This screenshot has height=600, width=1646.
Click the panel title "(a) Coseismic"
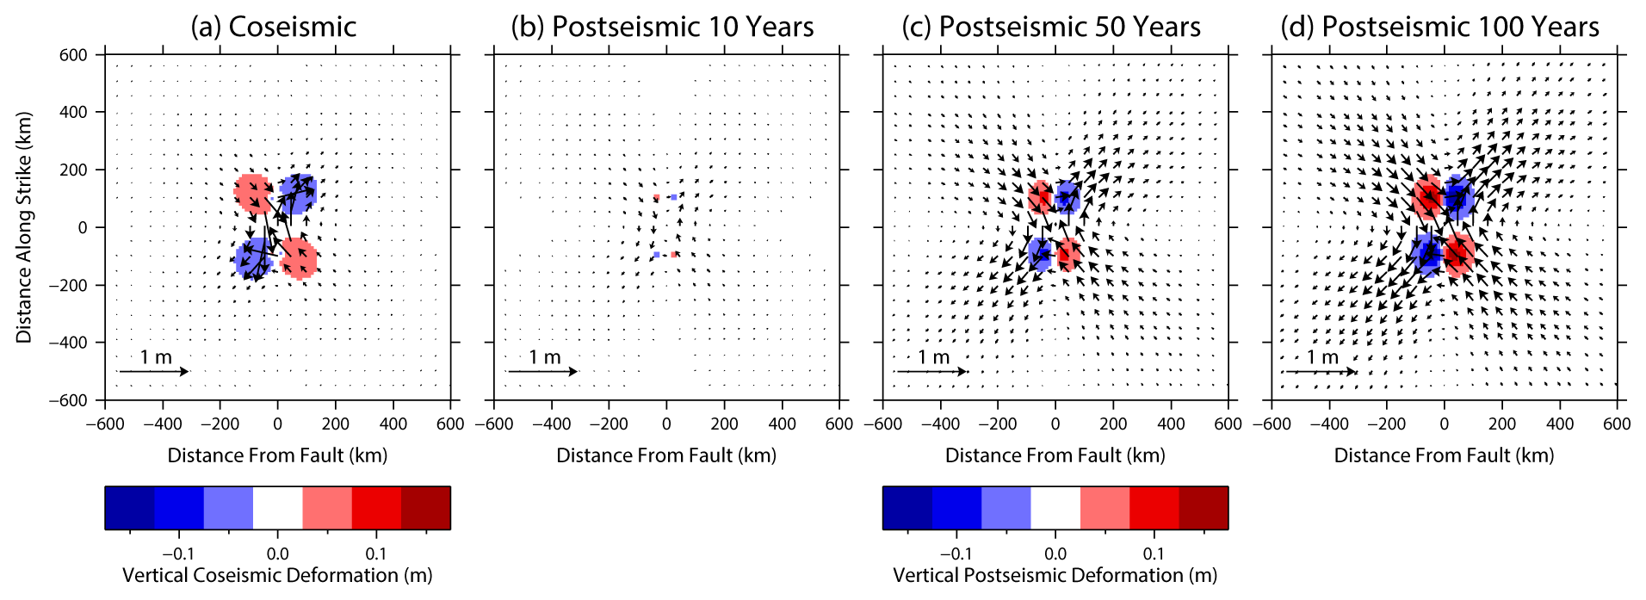[x=273, y=27]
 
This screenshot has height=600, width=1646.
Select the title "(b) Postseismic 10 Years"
[x=662, y=27]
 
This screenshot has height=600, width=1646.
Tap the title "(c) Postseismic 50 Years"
[x=1050, y=27]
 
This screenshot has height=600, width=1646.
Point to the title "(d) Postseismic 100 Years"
[x=1439, y=27]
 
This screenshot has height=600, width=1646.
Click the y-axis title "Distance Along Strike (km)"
[x=24, y=227]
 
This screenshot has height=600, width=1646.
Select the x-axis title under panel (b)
[x=666, y=455]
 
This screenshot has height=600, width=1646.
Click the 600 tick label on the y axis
[x=73, y=55]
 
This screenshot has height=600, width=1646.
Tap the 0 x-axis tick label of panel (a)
[x=277, y=424]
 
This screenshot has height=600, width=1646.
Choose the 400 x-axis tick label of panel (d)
[x=1560, y=424]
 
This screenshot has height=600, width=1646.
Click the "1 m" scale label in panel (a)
[x=156, y=357]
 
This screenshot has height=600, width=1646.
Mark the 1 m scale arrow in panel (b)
[x=542, y=372]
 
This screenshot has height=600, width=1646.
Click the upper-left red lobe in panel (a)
[x=251, y=193]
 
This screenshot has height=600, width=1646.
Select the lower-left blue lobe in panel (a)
[x=252, y=257]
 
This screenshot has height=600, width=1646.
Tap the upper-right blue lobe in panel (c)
[x=1068, y=197]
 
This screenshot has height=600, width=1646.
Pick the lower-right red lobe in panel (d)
[x=1459, y=254]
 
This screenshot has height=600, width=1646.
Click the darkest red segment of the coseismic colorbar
[x=425, y=508]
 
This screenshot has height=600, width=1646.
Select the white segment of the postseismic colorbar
[x=1055, y=508]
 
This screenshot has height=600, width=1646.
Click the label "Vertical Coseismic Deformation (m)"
[x=277, y=575]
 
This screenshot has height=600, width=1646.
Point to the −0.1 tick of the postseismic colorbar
[x=956, y=554]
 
